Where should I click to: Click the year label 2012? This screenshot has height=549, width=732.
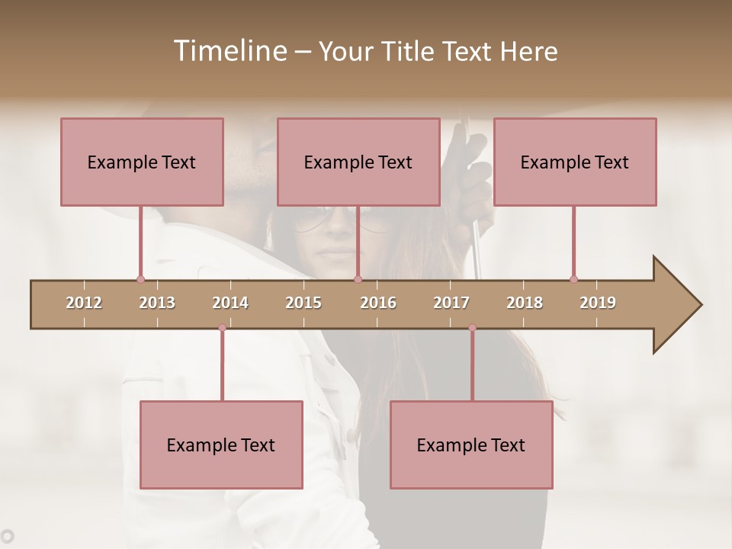point(84,303)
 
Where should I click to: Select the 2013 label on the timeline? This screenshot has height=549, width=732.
point(157,303)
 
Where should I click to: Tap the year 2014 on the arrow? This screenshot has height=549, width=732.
point(230,303)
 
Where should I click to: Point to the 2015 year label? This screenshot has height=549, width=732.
point(303,303)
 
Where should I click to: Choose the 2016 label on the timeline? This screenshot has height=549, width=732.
point(378,303)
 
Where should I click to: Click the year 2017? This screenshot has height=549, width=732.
point(451,303)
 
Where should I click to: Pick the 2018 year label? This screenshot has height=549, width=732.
point(525,303)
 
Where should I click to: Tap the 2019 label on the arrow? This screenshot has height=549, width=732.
point(598,303)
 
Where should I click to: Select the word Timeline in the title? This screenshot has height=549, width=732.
point(230,51)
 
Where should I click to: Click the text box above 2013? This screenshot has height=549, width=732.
point(142,162)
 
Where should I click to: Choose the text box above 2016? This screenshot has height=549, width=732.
point(358,162)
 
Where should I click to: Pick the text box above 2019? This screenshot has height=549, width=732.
point(575,162)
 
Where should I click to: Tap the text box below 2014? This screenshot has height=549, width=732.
point(221,445)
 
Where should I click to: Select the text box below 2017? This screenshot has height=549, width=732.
point(471,445)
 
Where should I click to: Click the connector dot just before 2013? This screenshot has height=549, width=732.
point(140,279)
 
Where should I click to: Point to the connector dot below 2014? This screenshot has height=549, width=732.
point(222,328)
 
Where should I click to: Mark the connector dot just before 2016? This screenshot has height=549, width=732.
point(358,279)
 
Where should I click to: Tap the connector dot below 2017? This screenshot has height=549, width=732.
point(472,328)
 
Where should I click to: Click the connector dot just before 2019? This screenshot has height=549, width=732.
point(573,279)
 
